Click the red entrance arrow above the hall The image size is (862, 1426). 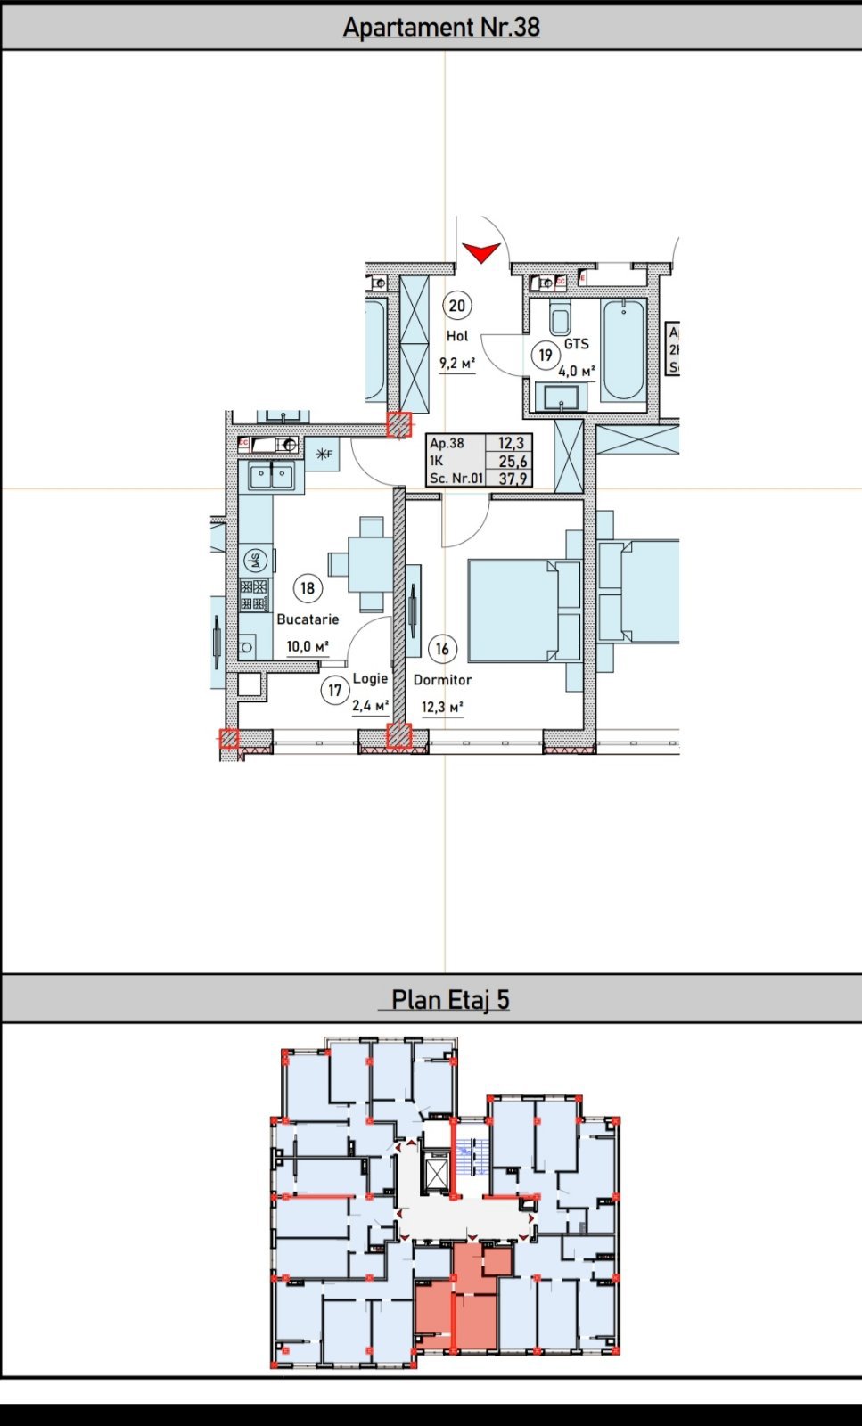point(481,253)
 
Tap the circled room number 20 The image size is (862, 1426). point(456,307)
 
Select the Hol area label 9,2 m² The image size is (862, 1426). point(456,363)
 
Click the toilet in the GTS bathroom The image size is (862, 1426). point(560,319)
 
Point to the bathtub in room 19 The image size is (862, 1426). point(622,349)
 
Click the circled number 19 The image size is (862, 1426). point(545,355)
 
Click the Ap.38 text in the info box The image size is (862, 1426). point(447,443)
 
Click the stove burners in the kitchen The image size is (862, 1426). point(254,594)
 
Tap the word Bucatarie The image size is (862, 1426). point(308,619)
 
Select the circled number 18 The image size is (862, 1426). point(308,588)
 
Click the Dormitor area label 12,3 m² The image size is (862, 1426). point(442,708)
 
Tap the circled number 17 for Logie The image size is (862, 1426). point(334,690)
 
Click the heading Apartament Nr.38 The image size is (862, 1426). point(441,27)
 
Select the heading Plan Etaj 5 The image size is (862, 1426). point(450,1000)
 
